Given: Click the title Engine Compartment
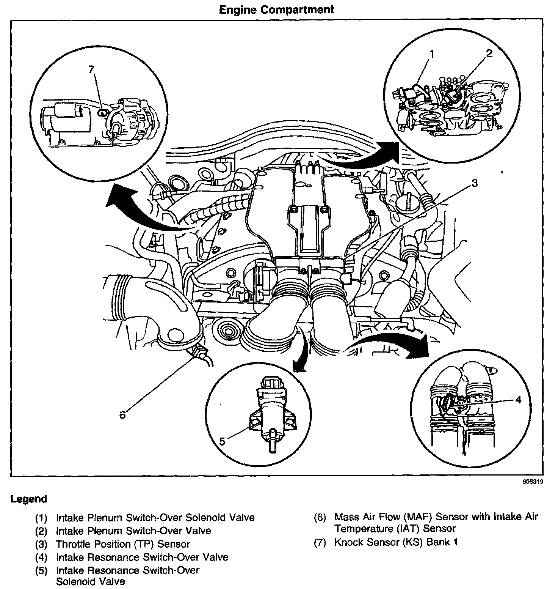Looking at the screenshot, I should point(277,9).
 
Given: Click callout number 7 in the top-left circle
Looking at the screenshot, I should point(91,70).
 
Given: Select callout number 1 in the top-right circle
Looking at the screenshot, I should point(432,54).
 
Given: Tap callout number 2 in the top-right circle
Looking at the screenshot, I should point(489,54).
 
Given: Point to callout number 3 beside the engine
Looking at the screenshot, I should point(474,184).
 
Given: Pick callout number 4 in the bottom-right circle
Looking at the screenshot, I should point(518,399).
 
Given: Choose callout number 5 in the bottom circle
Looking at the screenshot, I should point(222,441).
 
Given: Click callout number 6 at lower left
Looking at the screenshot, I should point(122,415).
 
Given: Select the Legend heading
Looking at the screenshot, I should point(28,499).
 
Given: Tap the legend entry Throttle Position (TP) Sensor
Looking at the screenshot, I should point(123,544).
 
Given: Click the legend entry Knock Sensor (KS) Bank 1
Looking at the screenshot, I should point(396,542).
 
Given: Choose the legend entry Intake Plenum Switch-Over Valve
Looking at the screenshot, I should point(133,531).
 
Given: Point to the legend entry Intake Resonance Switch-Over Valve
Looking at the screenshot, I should point(142,557).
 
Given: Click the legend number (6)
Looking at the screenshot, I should point(320,517).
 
